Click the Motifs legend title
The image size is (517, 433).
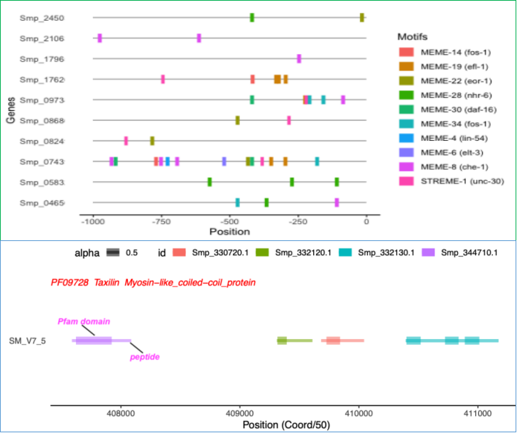[x=412, y=36]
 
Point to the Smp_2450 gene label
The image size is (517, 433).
[x=42, y=18]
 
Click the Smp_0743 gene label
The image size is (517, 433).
[x=42, y=161]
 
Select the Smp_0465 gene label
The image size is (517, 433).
[x=42, y=203]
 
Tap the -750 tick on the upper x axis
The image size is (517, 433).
[x=160, y=222]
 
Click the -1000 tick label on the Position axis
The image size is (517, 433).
[x=91, y=222]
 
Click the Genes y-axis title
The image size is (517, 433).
[x=11, y=110]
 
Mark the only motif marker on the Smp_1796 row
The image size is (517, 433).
[x=299, y=58]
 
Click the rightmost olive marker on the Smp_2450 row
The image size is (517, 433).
[x=361, y=18]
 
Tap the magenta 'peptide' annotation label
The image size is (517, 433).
[x=144, y=356]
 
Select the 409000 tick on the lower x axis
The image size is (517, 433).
[x=239, y=412]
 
